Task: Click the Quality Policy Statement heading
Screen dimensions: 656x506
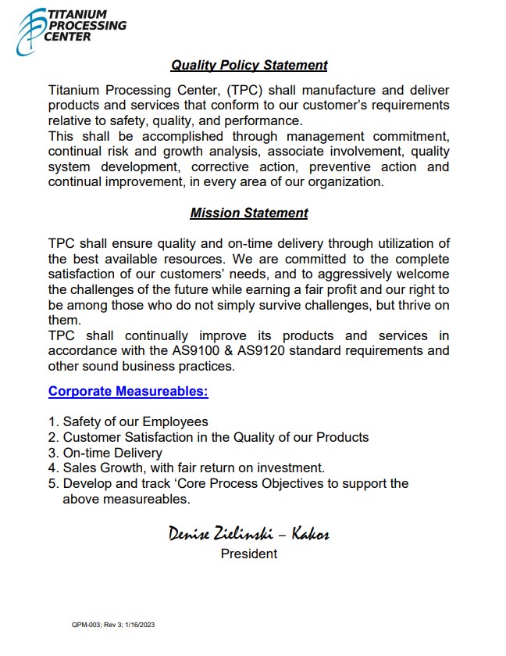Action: [x=249, y=66]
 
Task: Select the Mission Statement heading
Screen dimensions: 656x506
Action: [x=249, y=213]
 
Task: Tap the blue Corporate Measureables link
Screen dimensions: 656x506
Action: [x=128, y=391]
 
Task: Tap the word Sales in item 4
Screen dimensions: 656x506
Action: [x=80, y=468]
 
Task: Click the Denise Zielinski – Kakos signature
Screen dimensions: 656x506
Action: [x=248, y=534]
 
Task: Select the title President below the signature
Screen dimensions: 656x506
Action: [x=248, y=554]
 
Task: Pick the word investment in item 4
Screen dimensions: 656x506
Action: [x=292, y=468]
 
